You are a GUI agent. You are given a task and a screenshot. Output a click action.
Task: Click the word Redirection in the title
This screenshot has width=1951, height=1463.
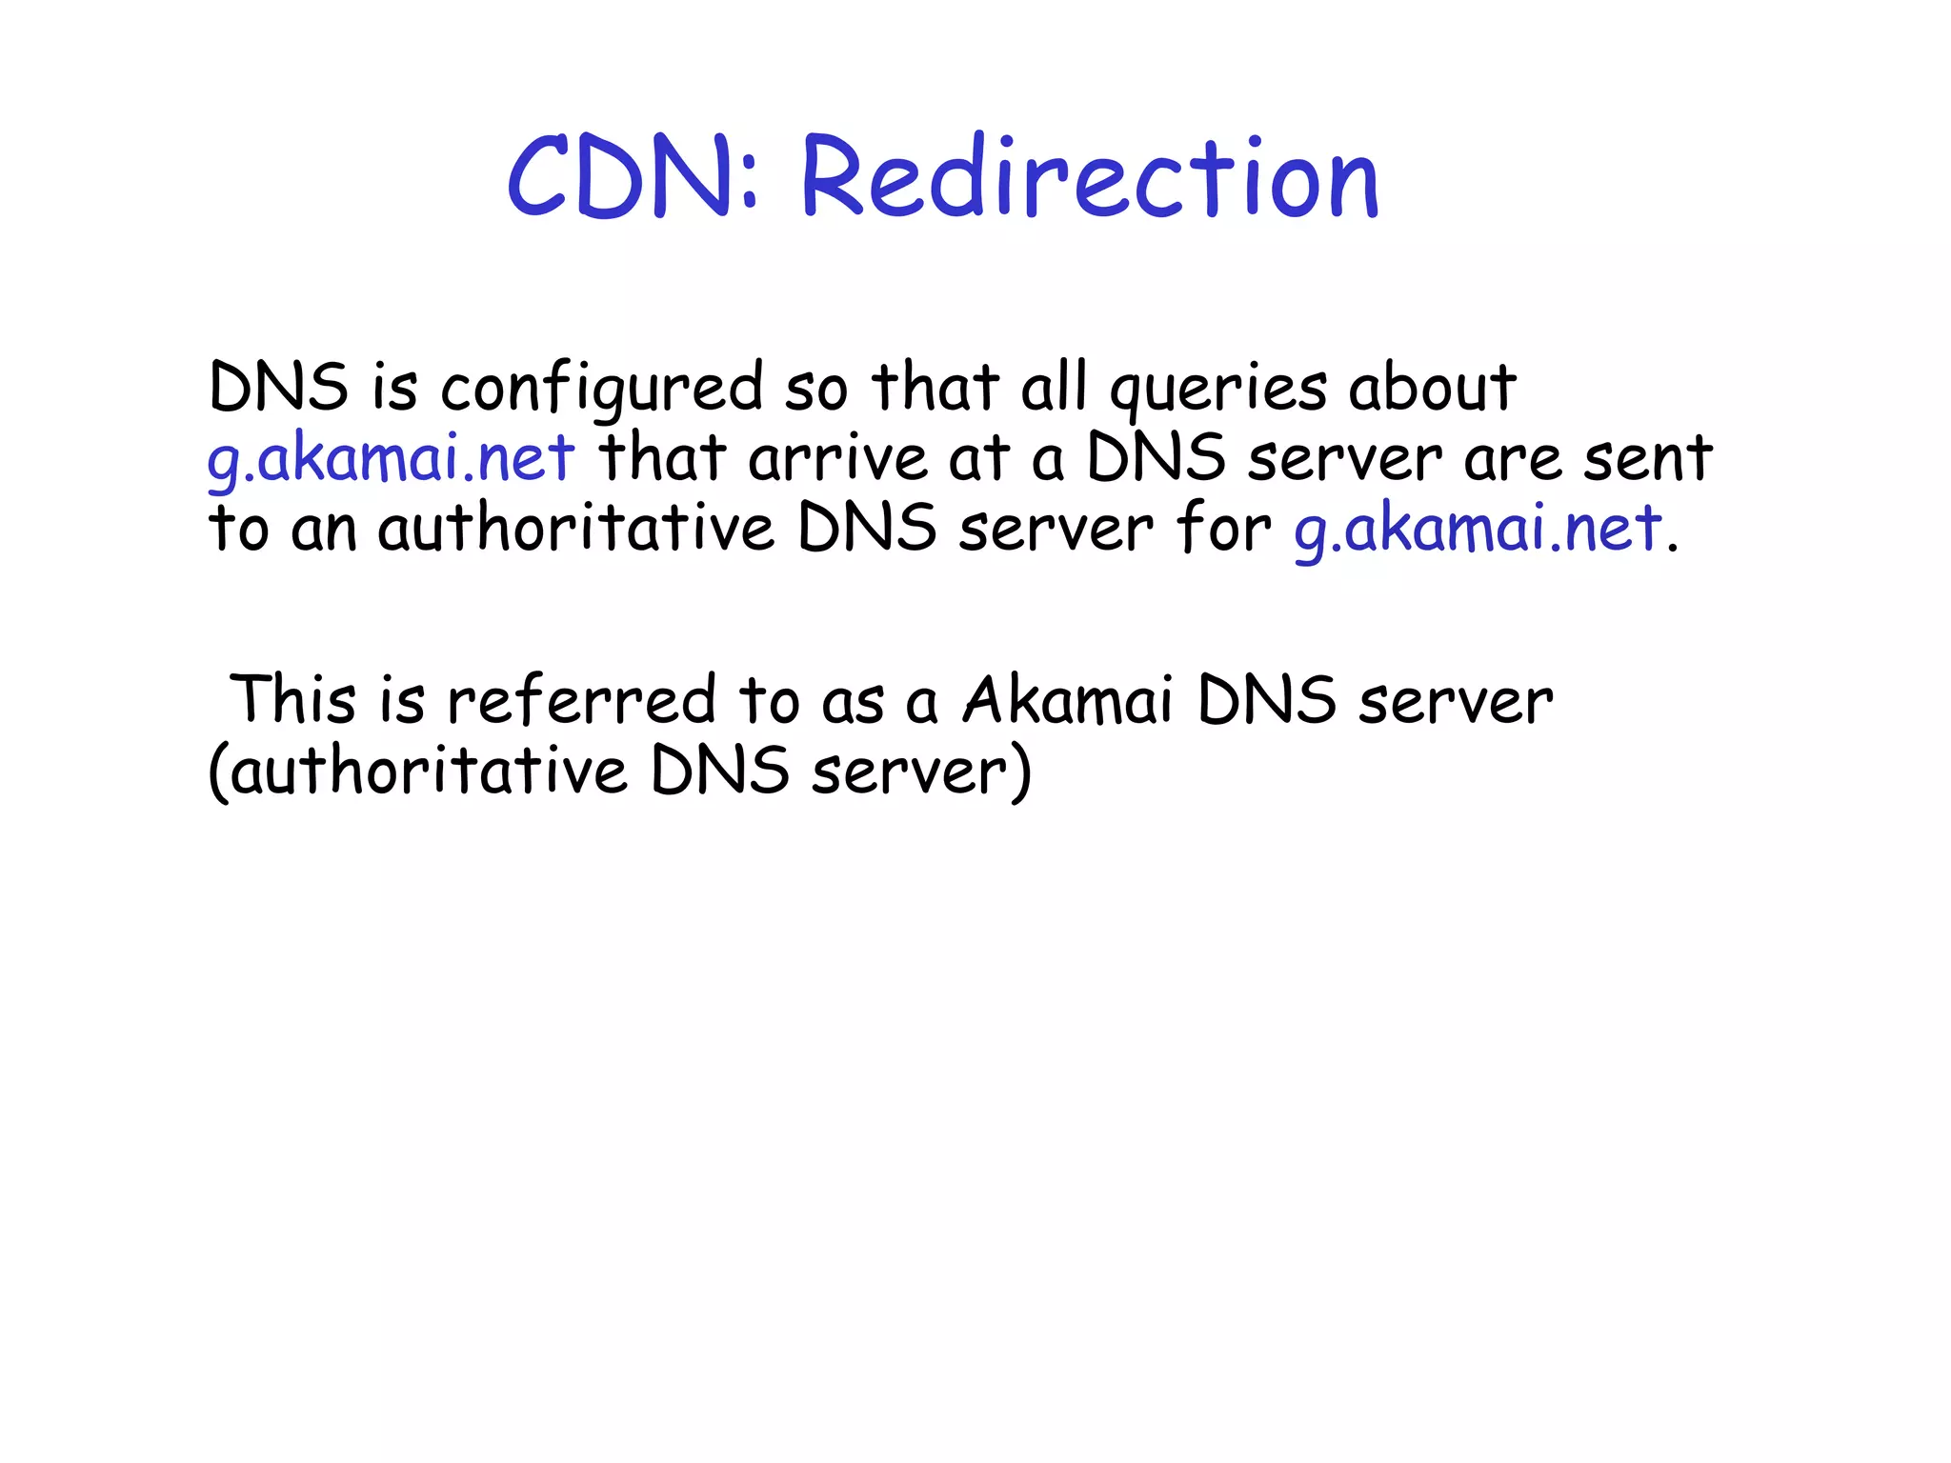point(1090,178)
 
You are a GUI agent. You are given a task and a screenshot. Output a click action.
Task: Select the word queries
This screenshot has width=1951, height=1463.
point(1218,390)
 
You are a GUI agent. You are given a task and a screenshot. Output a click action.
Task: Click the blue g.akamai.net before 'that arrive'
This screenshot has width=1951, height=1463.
point(392,459)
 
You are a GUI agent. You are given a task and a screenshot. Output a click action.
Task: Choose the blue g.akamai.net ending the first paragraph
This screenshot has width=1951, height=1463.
point(1478,530)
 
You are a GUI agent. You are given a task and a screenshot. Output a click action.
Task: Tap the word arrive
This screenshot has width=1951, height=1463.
point(837,459)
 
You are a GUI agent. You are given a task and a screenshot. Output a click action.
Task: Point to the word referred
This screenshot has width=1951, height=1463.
point(581,699)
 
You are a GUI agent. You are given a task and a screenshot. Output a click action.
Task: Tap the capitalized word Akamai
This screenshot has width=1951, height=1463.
point(1067,699)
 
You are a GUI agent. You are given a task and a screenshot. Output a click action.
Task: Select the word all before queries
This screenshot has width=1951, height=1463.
point(1054,388)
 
